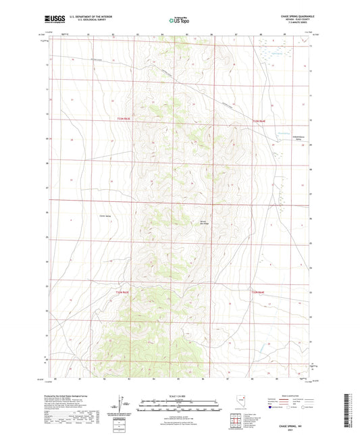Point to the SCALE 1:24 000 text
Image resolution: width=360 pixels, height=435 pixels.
point(179,395)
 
